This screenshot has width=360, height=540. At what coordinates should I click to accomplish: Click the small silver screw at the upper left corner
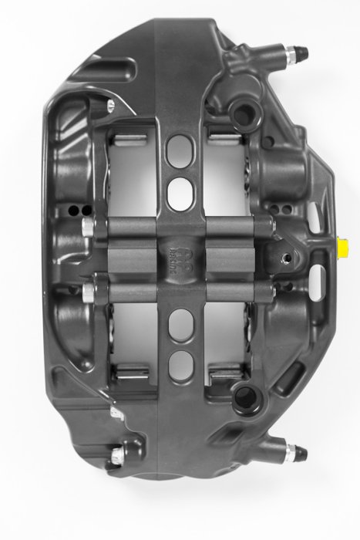pyautogui.click(x=111, y=103)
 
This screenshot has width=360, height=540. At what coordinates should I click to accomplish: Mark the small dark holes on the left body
pyautogui.click(x=74, y=211)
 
